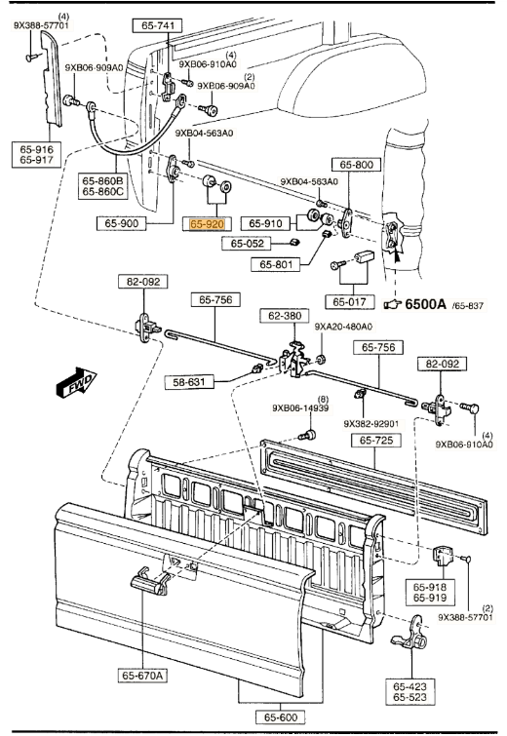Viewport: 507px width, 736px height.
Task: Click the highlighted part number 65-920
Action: click(207, 224)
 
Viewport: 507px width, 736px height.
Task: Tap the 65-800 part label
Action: click(355, 165)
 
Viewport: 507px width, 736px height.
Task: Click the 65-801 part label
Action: click(281, 263)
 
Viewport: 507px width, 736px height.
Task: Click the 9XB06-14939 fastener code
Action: click(303, 408)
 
